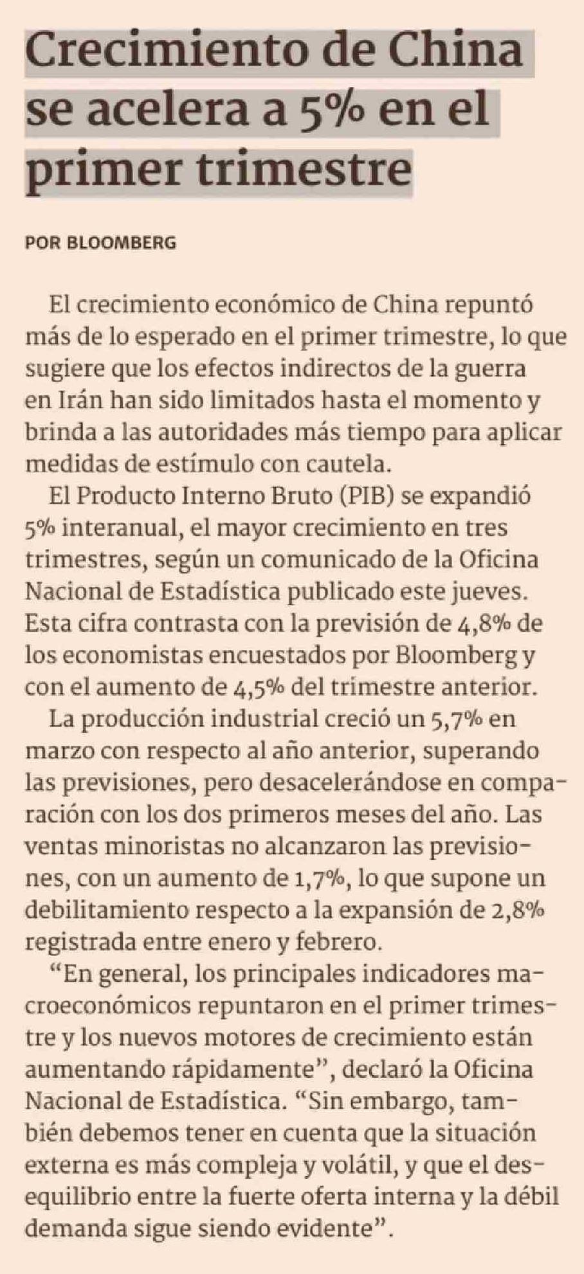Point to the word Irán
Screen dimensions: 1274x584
coord(78,400)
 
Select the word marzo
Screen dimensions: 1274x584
coord(58,750)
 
